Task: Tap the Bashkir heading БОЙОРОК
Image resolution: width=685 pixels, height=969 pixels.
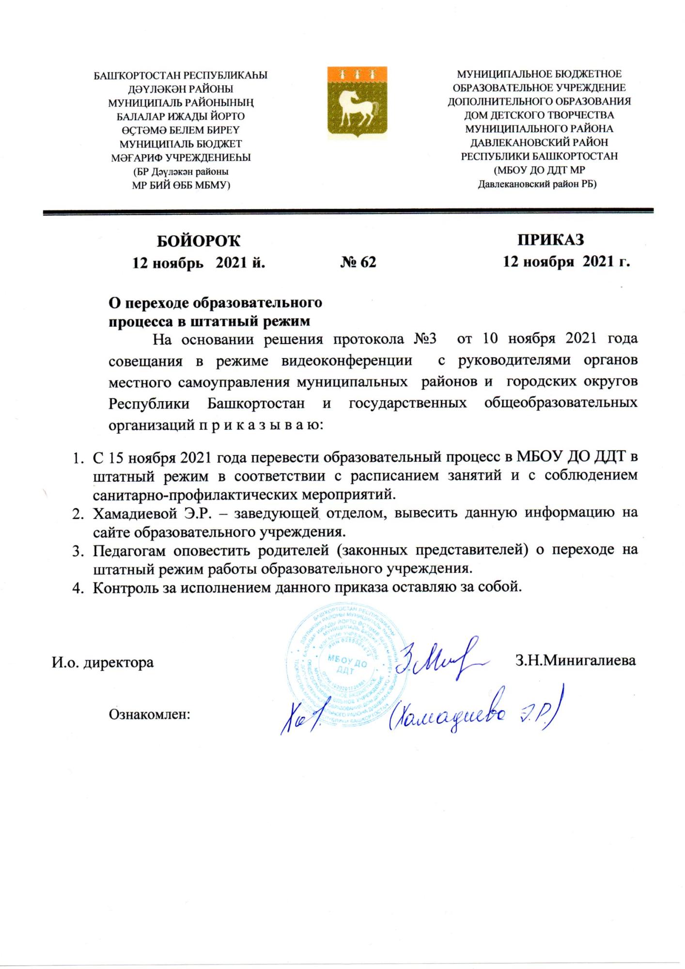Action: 199,240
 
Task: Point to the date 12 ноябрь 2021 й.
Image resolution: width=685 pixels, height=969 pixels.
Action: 199,262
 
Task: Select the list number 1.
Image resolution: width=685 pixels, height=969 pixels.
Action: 77,457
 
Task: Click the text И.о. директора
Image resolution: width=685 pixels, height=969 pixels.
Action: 103,662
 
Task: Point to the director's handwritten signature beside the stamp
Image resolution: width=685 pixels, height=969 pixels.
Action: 436,659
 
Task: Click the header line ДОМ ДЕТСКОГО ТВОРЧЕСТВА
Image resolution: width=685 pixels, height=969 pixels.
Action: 539,115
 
